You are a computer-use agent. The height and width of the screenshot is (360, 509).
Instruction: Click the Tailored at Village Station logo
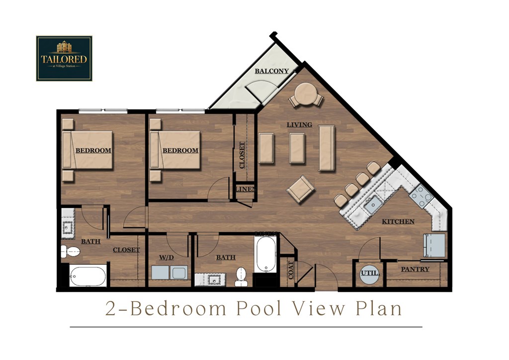pyautogui.click(x=64, y=58)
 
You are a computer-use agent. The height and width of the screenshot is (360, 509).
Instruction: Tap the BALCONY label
pyautogui.click(x=271, y=72)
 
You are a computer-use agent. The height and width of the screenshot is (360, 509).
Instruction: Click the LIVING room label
pyautogui.click(x=299, y=125)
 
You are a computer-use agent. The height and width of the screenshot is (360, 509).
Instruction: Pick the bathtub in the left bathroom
pyautogui.click(x=87, y=276)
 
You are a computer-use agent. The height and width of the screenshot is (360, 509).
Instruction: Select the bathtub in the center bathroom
pyautogui.click(x=265, y=254)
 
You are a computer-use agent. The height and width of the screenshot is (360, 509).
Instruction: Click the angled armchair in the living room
pyautogui.click(x=301, y=189)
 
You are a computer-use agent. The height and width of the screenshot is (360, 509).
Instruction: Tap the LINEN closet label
pyautogui.click(x=246, y=189)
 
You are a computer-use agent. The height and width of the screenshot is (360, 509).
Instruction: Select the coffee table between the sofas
pyautogui.click(x=297, y=148)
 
